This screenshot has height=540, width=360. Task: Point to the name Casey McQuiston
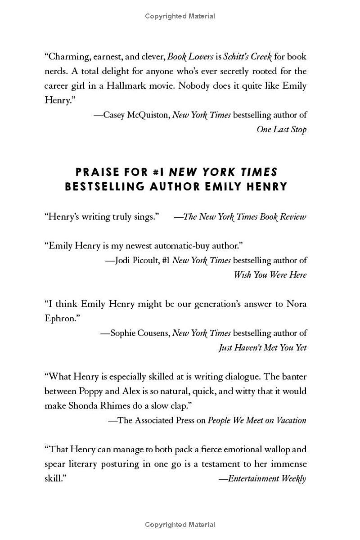(137, 115)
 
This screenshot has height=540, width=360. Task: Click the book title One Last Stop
(281, 129)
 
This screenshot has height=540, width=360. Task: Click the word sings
(146, 216)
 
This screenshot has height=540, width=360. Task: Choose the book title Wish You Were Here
(270, 274)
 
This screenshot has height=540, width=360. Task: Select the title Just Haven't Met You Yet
(262, 347)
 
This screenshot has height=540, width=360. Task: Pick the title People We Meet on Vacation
(257, 420)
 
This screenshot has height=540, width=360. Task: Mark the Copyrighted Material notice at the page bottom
(180, 525)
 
